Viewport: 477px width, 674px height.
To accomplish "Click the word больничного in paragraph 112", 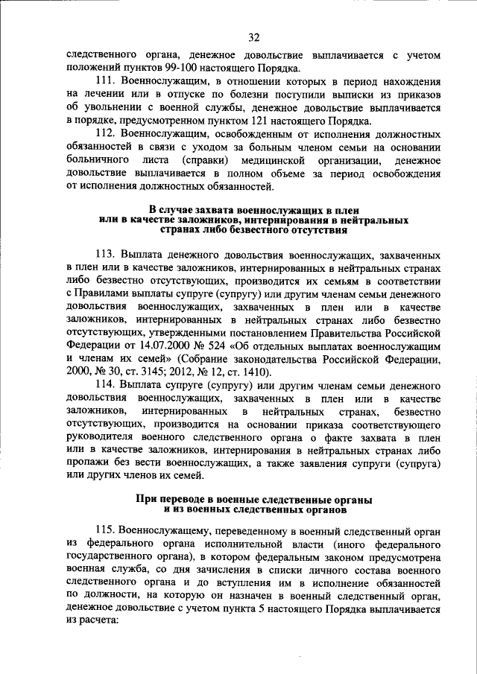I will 96,160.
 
